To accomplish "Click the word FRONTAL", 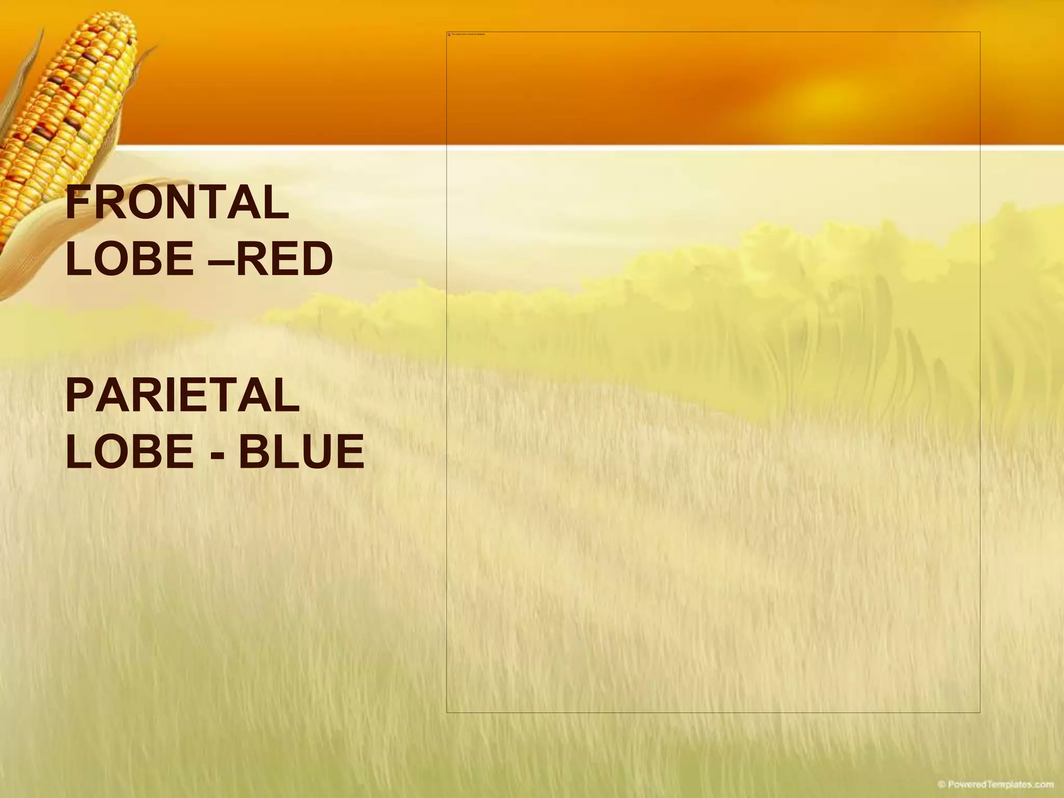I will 177,203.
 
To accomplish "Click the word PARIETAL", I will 182,396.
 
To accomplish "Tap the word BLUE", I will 301,451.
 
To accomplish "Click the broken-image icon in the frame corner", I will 449,34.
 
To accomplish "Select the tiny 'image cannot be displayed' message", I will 468,34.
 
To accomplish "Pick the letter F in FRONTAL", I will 76,203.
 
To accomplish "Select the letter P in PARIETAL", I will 77,396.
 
